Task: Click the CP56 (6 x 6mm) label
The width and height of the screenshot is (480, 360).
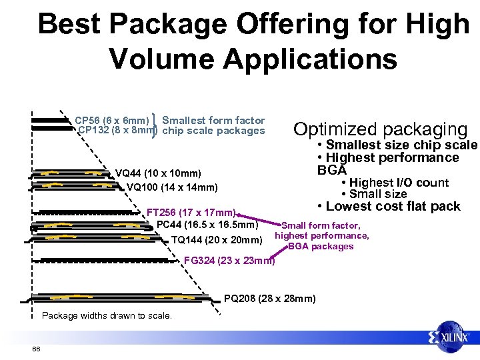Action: pos(111,121)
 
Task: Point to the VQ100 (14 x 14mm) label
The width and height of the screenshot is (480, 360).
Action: pos(172,187)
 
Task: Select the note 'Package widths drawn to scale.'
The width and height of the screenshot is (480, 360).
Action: pos(107,315)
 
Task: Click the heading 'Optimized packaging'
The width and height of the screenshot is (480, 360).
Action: pos(381,129)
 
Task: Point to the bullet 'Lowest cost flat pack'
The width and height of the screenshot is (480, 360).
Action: pos(393,206)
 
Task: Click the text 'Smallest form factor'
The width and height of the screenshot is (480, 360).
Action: pos(213,121)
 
